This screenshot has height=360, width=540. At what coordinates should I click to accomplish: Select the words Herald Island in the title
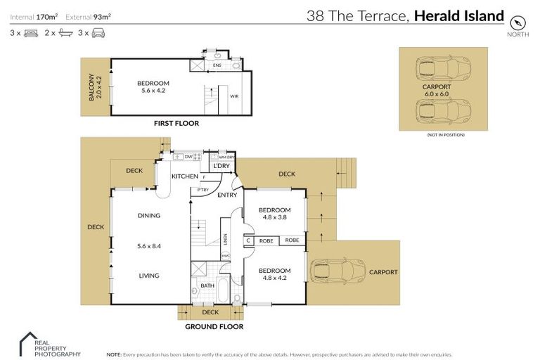click(459, 16)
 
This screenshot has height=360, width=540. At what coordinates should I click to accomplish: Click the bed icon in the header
click(30, 33)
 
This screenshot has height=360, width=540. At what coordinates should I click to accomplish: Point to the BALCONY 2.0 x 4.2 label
click(95, 88)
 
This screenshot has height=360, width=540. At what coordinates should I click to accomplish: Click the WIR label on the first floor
click(234, 96)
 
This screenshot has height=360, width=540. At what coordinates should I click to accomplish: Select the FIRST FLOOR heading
click(176, 123)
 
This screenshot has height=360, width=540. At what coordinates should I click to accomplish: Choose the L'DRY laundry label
click(221, 166)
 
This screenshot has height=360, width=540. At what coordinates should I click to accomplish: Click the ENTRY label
click(226, 195)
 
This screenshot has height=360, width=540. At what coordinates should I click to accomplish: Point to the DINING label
click(148, 216)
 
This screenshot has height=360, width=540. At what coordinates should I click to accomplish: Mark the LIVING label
click(148, 276)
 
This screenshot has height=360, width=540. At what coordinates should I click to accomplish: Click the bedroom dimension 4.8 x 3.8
click(274, 219)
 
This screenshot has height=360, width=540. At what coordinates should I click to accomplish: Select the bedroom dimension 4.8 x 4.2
click(274, 279)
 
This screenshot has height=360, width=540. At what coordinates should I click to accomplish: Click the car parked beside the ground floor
click(335, 271)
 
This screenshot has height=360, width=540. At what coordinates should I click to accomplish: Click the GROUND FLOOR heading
click(214, 326)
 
